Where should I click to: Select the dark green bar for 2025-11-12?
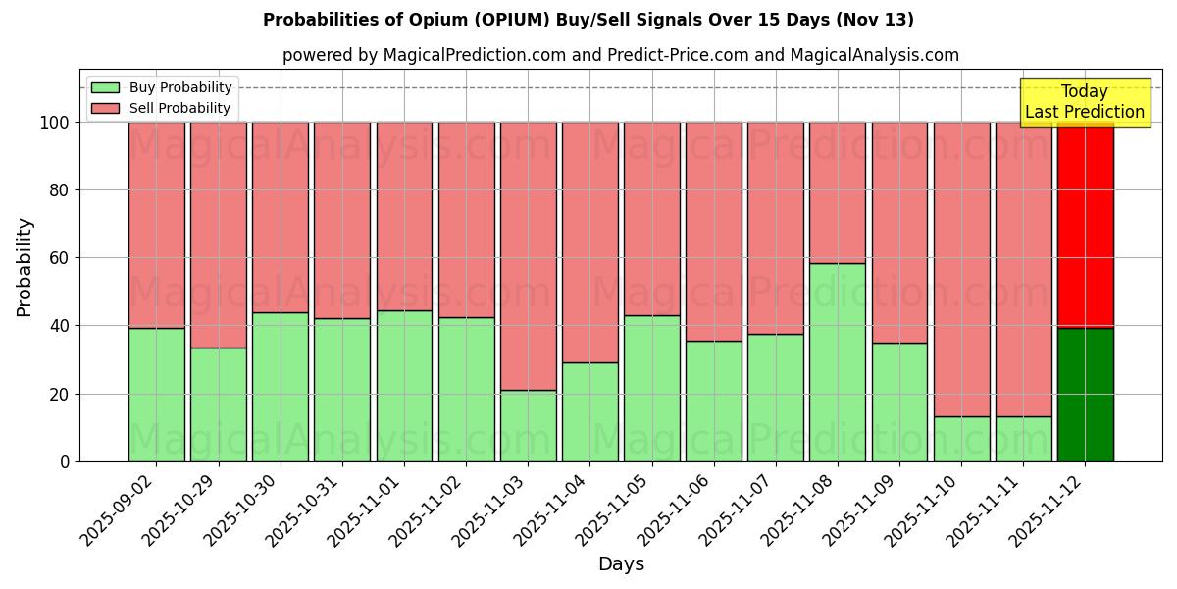click(x=1085, y=395)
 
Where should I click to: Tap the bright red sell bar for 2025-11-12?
click(x=1085, y=226)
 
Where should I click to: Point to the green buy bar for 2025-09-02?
click(x=156, y=395)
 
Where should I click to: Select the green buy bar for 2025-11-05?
click(x=651, y=388)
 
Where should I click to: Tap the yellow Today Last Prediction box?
click(x=1084, y=102)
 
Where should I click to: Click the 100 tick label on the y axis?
click(x=55, y=123)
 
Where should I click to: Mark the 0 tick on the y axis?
click(x=65, y=461)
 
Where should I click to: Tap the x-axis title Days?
click(x=621, y=564)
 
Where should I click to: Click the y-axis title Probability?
click(x=25, y=266)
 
